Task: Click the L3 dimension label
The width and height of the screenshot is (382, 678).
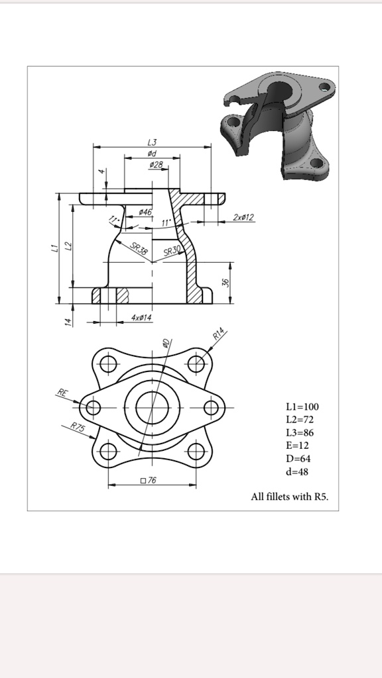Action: [x=152, y=142]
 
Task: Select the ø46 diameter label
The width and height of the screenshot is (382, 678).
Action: [x=145, y=211]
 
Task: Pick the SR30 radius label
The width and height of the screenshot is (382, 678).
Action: [x=171, y=252]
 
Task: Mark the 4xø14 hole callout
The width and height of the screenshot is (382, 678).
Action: [x=141, y=318]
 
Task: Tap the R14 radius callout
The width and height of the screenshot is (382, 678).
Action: [x=220, y=333]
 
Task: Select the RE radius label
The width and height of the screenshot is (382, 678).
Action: [x=62, y=393]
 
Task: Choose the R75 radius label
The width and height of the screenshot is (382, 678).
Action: [x=78, y=427]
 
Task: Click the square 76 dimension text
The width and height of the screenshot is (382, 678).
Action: [x=148, y=479]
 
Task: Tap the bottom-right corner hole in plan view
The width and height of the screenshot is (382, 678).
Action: [x=196, y=452]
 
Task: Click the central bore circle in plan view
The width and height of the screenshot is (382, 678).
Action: [x=153, y=407]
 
